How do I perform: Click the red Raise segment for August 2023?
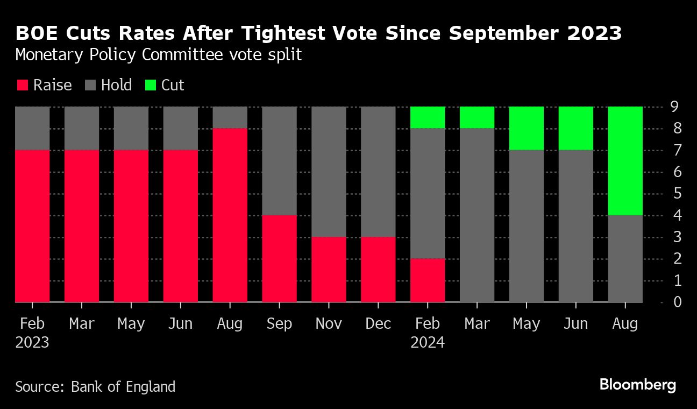click(x=230, y=215)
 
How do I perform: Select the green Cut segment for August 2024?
click(x=625, y=160)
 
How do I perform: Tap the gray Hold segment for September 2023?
click(x=279, y=160)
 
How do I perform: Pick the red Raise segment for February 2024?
click(x=428, y=280)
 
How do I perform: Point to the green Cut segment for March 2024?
click(x=477, y=117)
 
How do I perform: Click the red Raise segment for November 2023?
click(x=329, y=269)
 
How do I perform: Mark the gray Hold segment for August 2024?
click(x=625, y=258)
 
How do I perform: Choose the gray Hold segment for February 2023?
click(x=32, y=128)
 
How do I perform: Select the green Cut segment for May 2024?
click(x=527, y=128)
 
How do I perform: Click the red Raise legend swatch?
click(x=22, y=86)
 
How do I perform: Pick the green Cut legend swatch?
click(x=151, y=86)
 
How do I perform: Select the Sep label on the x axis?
click(x=279, y=324)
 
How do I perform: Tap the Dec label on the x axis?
click(x=378, y=324)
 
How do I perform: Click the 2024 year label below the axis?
click(x=428, y=343)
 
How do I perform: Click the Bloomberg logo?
click(x=637, y=385)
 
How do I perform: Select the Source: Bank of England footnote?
click(x=95, y=386)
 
